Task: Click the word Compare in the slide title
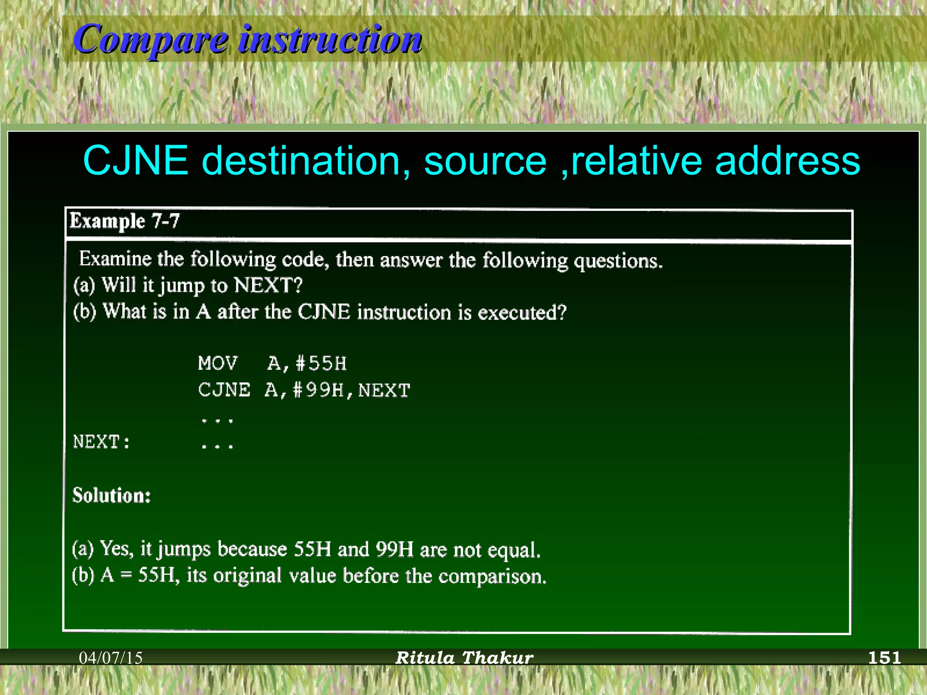pos(151,40)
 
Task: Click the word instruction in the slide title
pos(330,40)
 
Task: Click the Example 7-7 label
pos(125,221)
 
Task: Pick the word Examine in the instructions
pos(115,259)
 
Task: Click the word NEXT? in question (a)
pos(268,286)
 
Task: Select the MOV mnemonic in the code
pos(218,363)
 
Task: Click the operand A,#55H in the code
pos(307,363)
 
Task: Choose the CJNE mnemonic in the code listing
pos(224,390)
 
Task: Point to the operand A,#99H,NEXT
pos(338,390)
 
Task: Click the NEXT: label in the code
pos(102,442)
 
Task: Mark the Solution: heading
pos(112,495)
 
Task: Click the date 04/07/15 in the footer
pos(111,658)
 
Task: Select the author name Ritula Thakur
pos(464,658)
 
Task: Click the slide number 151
pos(884,657)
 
